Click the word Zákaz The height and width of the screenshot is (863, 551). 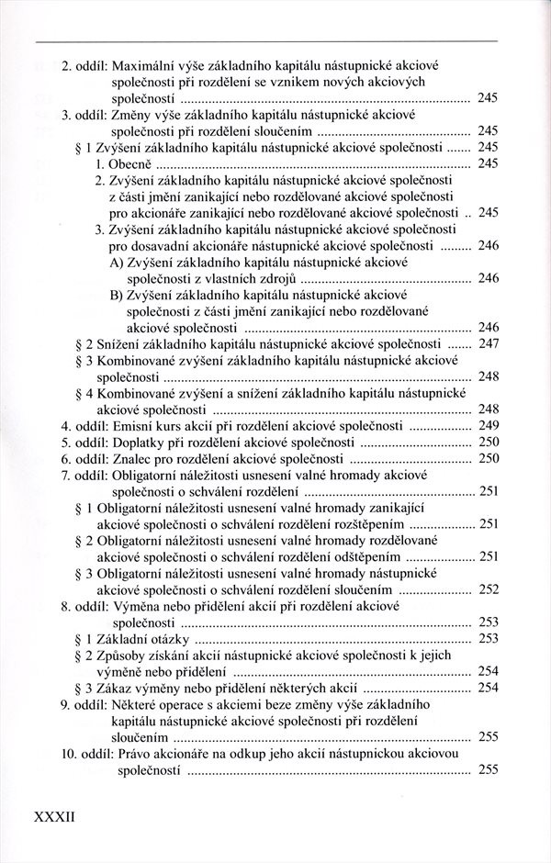tap(116, 687)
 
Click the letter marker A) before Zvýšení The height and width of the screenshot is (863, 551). tap(118, 262)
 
